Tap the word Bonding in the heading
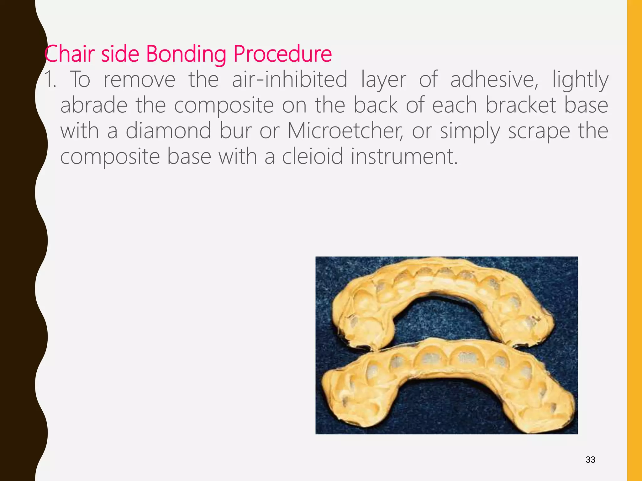[x=186, y=54]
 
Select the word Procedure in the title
[x=282, y=54]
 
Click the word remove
[x=139, y=80]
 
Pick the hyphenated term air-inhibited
[x=289, y=80]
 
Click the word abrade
[x=94, y=105]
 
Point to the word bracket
[x=521, y=105]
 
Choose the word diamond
[x=168, y=131]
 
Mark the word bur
[x=235, y=131]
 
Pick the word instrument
[x=404, y=157]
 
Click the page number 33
[x=590, y=460]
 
